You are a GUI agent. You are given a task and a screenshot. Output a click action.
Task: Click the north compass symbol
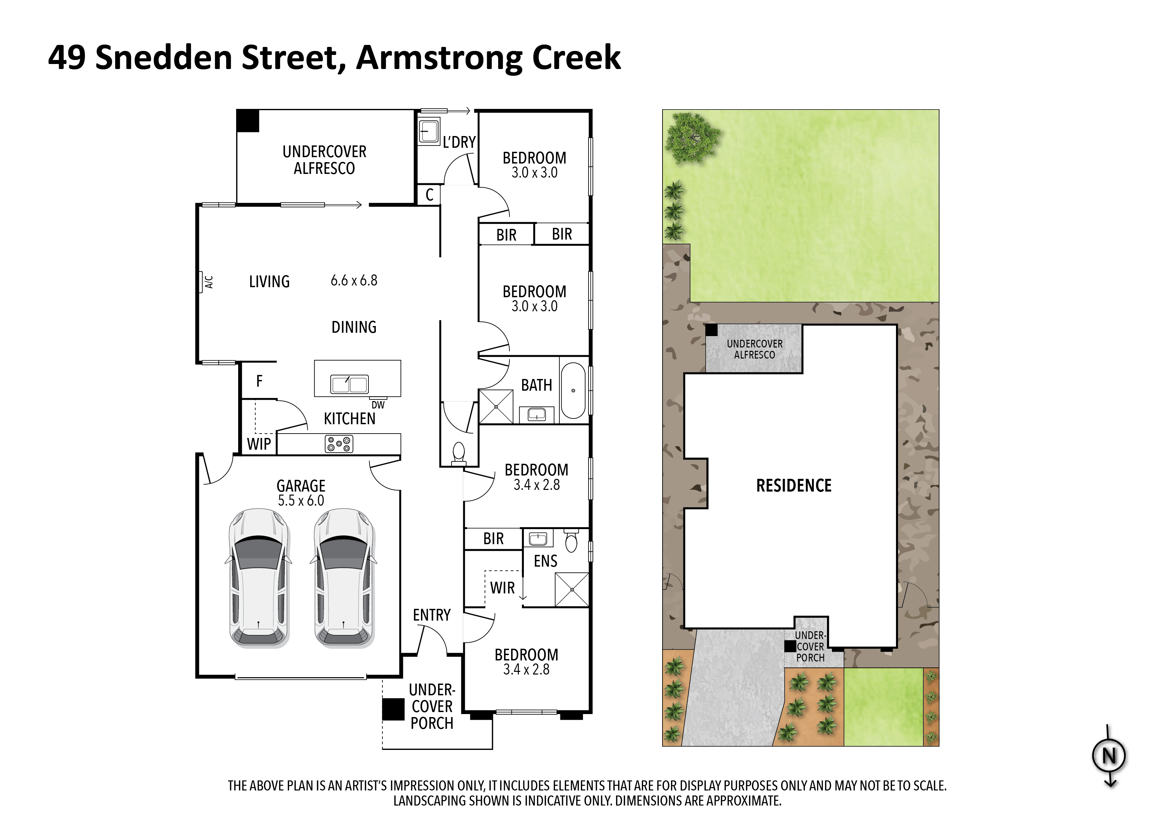click(x=1109, y=756)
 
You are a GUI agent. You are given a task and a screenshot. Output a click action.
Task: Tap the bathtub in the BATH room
click(x=573, y=391)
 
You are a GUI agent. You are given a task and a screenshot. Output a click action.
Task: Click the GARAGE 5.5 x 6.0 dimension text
click(x=301, y=500)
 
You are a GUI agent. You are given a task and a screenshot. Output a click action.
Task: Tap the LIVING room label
click(x=269, y=281)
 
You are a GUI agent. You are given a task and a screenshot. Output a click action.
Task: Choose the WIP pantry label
click(x=259, y=444)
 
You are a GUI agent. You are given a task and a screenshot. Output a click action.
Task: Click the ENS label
click(x=546, y=561)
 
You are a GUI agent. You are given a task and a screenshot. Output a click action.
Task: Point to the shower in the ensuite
click(x=572, y=589)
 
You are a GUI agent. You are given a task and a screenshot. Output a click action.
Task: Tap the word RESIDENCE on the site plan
click(x=794, y=486)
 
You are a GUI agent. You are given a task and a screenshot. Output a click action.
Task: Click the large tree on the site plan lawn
click(x=692, y=137)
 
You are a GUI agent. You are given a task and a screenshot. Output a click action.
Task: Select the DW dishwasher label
click(x=378, y=405)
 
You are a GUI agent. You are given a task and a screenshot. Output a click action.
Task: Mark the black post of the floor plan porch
click(x=393, y=710)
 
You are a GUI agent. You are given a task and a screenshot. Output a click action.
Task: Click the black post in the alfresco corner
click(x=248, y=121)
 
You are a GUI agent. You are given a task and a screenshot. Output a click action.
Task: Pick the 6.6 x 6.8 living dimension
click(x=354, y=280)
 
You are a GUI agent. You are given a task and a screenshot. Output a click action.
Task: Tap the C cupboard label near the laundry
click(x=429, y=195)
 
